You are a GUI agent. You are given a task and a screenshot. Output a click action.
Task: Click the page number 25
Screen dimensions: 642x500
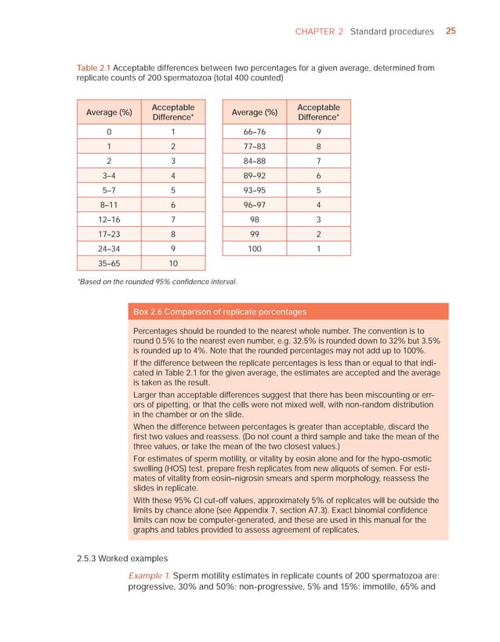click(x=451, y=31)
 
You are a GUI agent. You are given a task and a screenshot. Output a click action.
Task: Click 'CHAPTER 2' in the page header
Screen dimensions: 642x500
click(x=319, y=31)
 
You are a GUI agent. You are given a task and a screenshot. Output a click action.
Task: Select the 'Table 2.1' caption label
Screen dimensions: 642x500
click(x=93, y=68)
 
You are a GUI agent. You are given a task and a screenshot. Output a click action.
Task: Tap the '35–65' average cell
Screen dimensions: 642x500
click(x=109, y=264)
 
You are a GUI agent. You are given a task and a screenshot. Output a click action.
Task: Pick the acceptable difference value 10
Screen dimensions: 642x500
click(x=173, y=264)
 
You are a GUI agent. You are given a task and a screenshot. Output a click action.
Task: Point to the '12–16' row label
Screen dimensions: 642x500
click(x=109, y=214)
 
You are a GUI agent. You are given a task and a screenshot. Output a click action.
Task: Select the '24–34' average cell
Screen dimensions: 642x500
click(x=109, y=247)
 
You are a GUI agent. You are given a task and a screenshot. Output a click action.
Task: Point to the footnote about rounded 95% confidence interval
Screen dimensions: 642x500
click(x=157, y=281)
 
